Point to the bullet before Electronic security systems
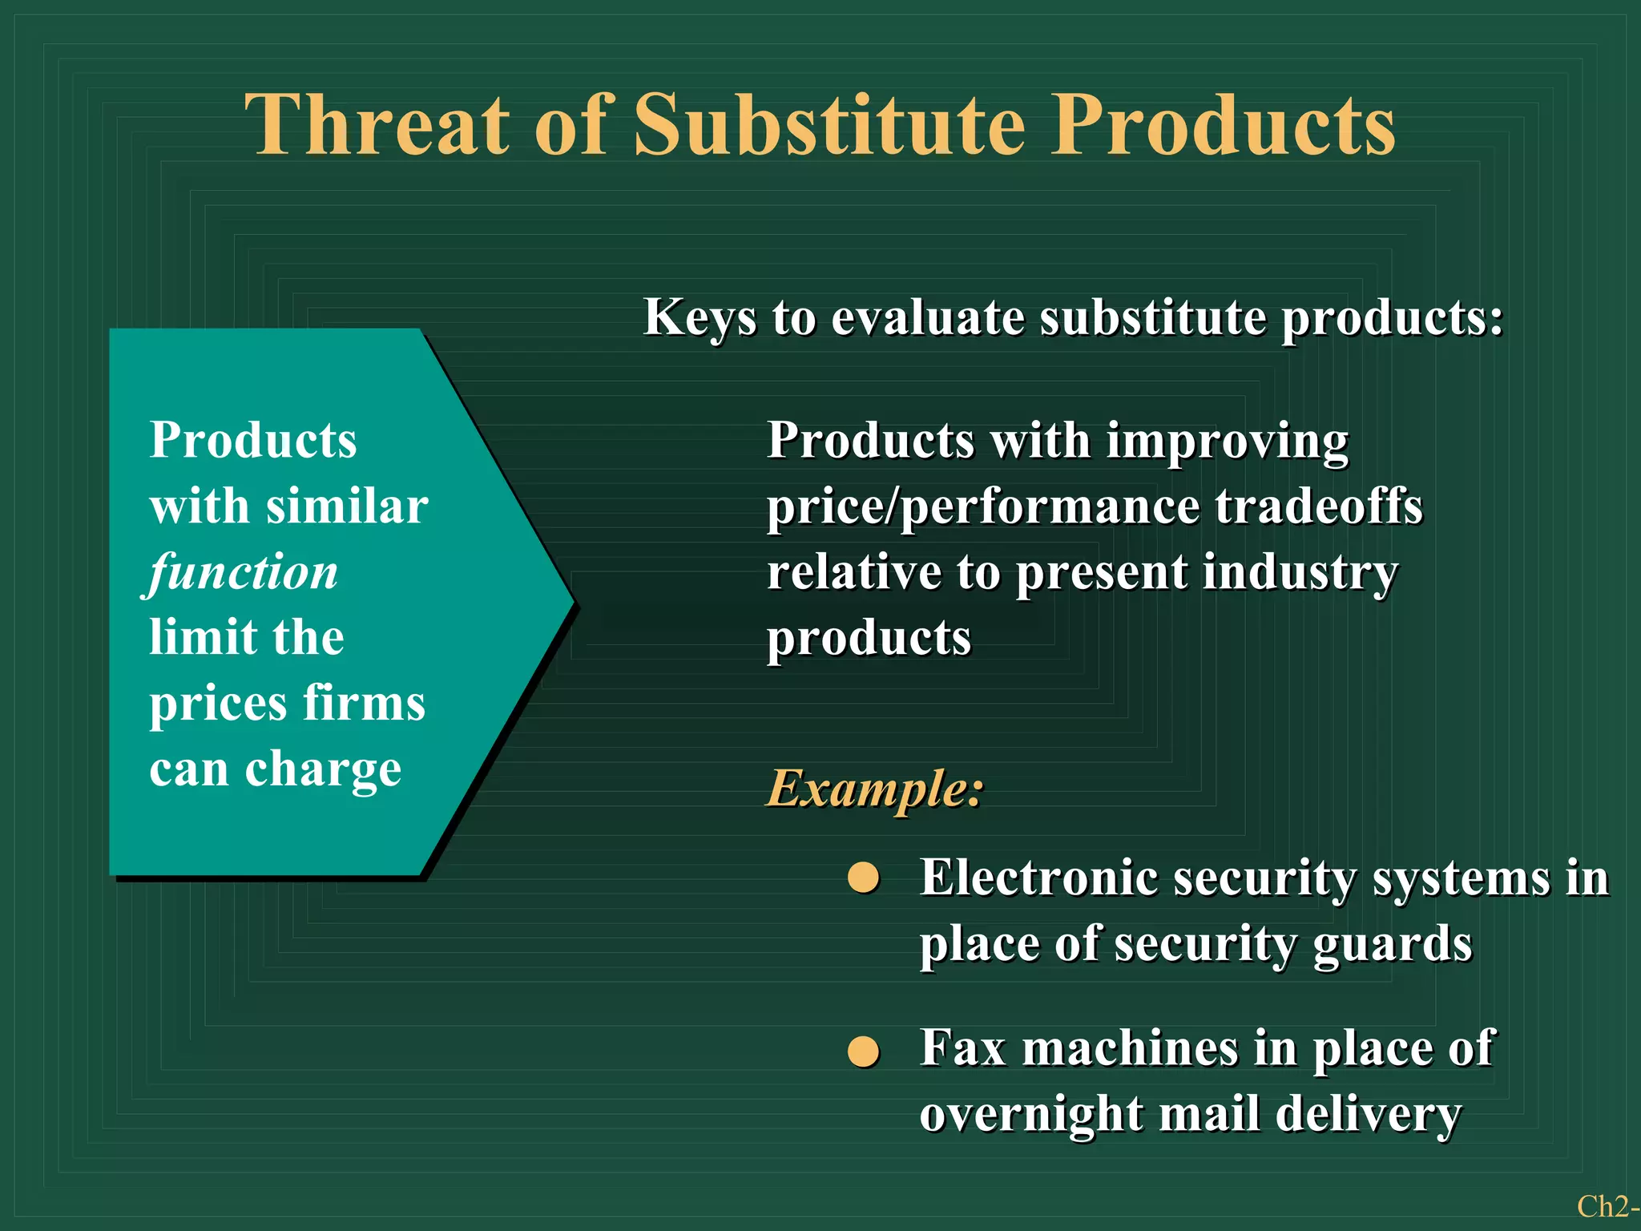click(x=864, y=878)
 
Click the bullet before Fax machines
click(x=864, y=1051)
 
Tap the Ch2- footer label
click(x=1606, y=1206)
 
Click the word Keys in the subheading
click(x=700, y=318)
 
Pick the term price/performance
click(x=982, y=508)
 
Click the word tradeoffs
click(x=1319, y=507)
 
